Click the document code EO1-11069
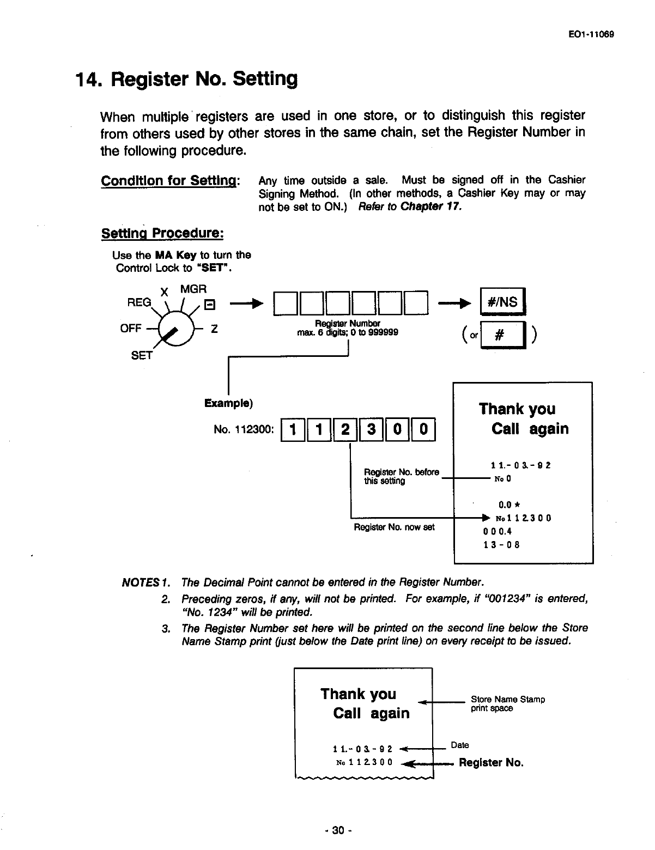591,34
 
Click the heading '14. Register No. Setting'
186,79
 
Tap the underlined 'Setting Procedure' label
162,233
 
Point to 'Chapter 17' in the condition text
431,207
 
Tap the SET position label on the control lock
142,356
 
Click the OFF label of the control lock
130,329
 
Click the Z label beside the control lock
214,329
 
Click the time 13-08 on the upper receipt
501,544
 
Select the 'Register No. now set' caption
394,527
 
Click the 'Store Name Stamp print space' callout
507,703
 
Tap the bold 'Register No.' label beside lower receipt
491,762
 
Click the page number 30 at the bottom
338,831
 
